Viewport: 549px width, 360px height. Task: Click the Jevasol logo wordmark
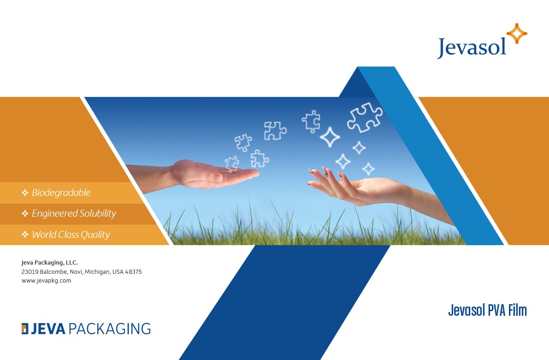point(472,47)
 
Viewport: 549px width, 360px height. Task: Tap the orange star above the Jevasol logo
point(517,34)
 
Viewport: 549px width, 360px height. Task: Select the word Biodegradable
point(61,192)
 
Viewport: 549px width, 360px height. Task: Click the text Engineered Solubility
point(74,213)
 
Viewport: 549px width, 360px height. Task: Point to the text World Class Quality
point(71,235)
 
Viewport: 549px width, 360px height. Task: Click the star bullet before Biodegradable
point(25,192)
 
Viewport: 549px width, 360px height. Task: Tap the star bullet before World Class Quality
point(25,234)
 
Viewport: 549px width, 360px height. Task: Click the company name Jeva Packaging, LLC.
point(50,263)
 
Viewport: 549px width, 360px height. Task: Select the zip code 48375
point(134,271)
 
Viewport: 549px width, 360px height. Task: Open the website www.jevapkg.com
point(46,281)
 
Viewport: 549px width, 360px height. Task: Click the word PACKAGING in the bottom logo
point(110,329)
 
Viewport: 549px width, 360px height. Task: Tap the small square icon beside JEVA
point(25,329)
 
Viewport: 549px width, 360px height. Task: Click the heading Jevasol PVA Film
point(487,310)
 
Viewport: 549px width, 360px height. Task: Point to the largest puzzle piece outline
point(365,118)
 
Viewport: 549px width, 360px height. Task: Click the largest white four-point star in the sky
point(330,137)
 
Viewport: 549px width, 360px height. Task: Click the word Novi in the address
point(75,271)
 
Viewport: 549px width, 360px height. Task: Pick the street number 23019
point(30,271)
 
